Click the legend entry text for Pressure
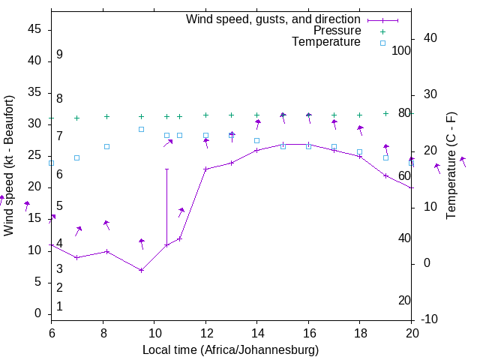(337, 31)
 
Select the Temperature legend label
(326, 42)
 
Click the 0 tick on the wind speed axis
(40, 313)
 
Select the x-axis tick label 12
(205, 332)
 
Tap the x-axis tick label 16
(308, 332)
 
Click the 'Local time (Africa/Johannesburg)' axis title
(231, 349)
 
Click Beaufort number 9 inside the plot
(59, 55)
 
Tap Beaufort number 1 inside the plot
(59, 306)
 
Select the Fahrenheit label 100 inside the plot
(401, 51)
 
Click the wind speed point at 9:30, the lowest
(141, 270)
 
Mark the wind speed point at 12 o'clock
(205, 169)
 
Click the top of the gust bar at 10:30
(166, 169)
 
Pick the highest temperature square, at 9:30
(141, 129)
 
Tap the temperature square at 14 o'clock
(256, 140)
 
